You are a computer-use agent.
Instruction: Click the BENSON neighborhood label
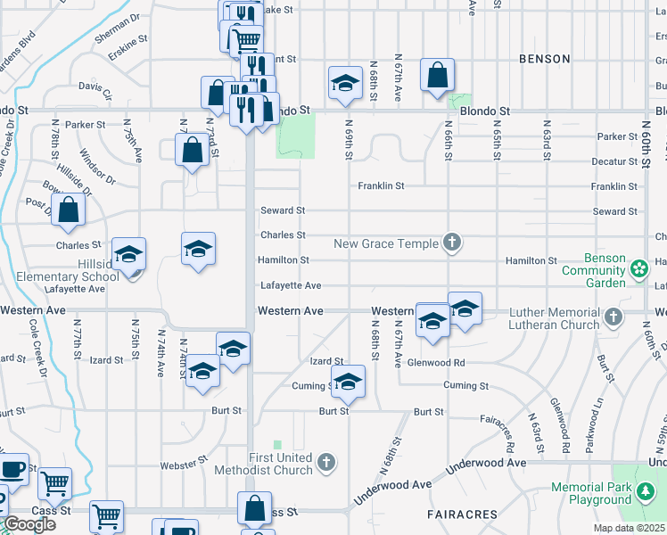[544, 59]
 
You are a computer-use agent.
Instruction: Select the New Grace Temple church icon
[452, 243]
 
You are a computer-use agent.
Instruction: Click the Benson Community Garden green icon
[638, 269]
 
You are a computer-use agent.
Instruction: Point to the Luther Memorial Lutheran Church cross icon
[613, 317]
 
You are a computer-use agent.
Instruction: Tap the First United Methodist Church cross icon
[327, 462]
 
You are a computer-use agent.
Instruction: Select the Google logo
[29, 524]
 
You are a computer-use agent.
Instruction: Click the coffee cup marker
[12, 469]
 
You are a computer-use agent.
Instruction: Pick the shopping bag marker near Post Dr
[68, 210]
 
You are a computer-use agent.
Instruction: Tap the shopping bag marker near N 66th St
[438, 77]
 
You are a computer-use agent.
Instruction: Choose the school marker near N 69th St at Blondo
[343, 85]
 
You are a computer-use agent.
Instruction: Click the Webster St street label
[184, 465]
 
